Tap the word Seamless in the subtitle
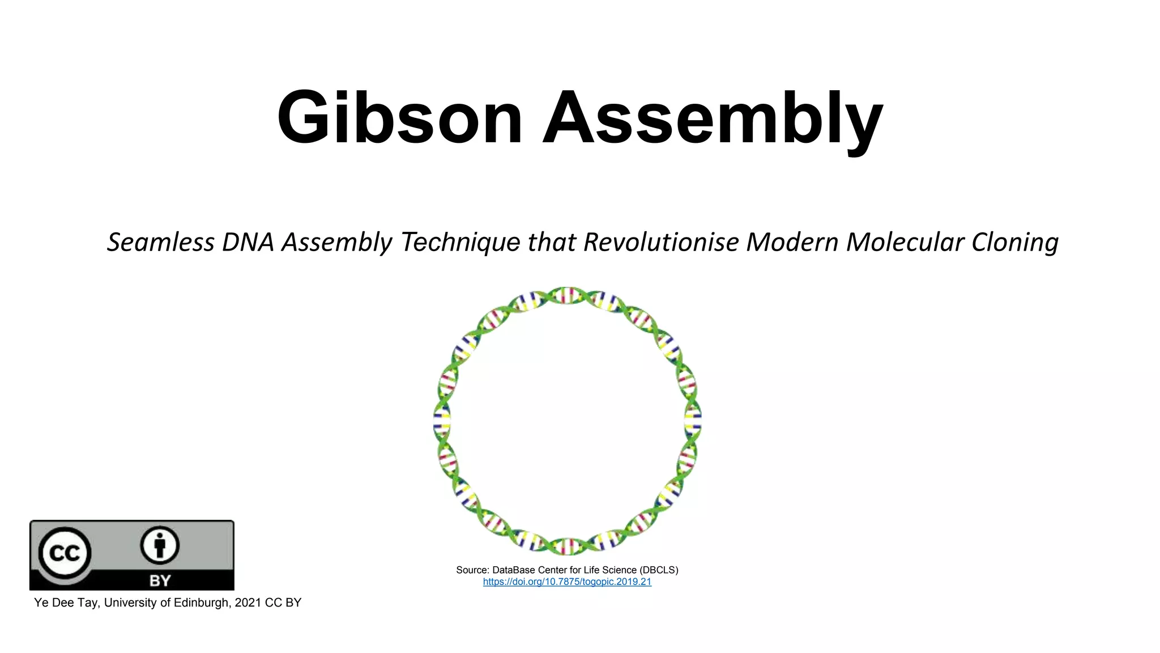(160, 242)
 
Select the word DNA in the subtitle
(248, 242)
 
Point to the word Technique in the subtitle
(459, 243)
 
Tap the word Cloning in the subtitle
(1014, 243)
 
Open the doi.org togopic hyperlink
(567, 582)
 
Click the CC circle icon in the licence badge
(65, 553)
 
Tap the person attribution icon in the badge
(160, 546)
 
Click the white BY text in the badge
(160, 580)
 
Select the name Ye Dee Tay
(66, 603)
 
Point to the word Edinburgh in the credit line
(201, 603)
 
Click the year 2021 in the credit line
(248, 603)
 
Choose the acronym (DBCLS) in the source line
(659, 570)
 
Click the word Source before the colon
(471, 570)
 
